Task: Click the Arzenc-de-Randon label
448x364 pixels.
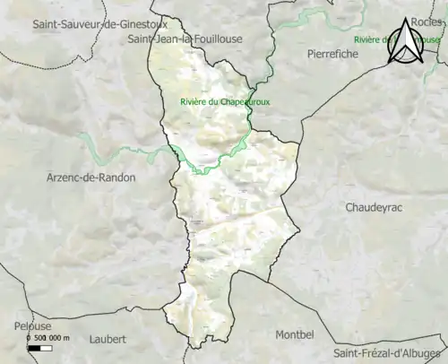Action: point(90,178)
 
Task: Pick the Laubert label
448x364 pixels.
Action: point(108,339)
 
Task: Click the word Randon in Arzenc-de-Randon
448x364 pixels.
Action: point(118,178)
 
